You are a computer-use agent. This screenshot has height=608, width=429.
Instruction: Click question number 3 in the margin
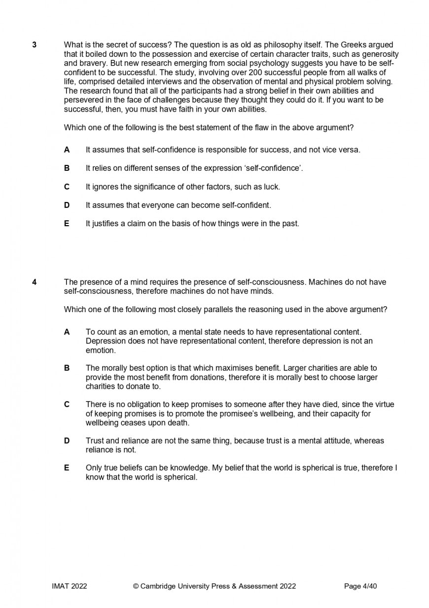point(34,45)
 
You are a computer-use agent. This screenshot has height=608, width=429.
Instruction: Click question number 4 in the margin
point(34,282)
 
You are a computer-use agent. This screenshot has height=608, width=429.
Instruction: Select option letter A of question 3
point(67,149)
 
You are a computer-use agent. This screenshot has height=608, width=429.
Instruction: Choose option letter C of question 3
point(67,186)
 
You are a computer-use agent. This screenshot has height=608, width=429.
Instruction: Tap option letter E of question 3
point(67,223)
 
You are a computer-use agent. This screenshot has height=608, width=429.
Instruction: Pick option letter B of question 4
point(67,368)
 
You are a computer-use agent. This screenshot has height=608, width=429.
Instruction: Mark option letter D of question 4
point(67,441)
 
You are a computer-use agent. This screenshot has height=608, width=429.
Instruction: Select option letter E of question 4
point(67,467)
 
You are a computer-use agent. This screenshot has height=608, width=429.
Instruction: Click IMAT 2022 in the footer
point(69,586)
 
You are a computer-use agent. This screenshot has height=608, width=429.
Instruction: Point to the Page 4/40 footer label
point(360,586)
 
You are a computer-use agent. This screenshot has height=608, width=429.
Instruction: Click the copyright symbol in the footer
point(136,586)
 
